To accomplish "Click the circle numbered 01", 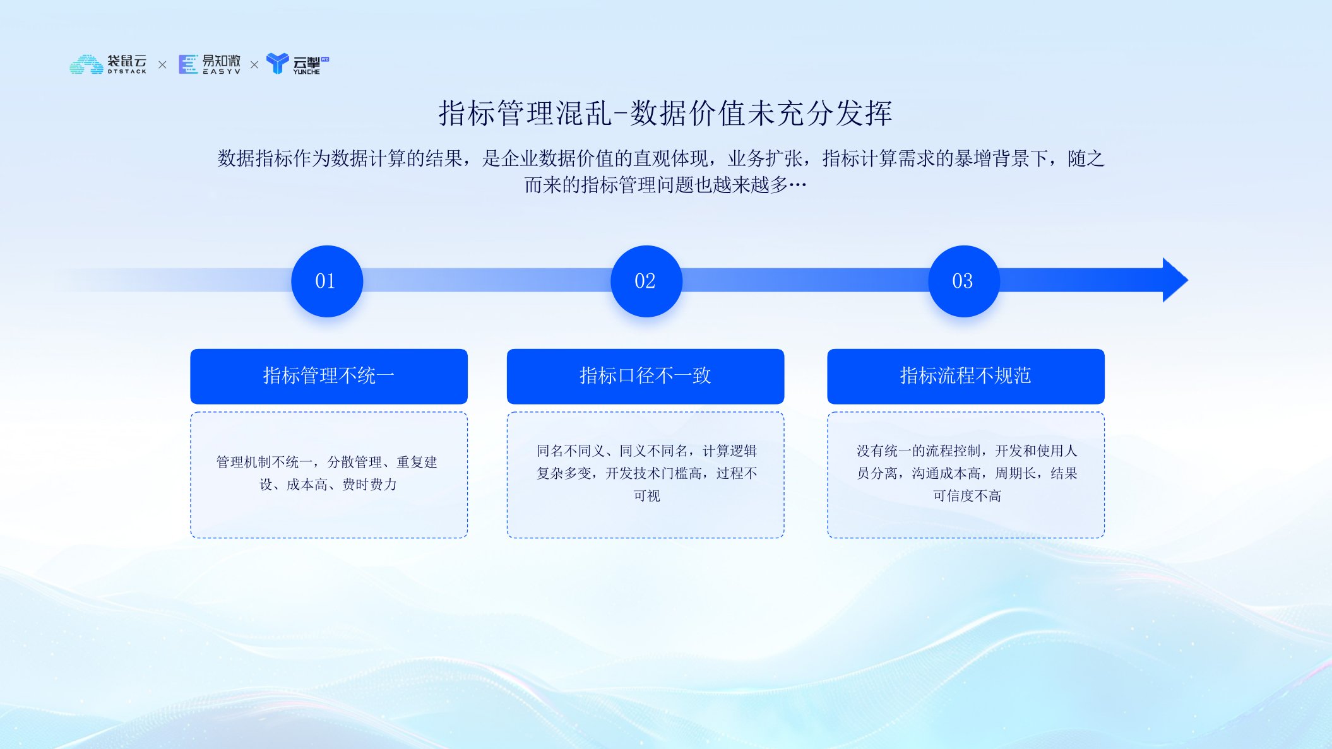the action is (326, 281).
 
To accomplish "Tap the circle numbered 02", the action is (646, 281).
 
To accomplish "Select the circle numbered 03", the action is (963, 281).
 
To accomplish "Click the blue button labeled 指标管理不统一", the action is (329, 376).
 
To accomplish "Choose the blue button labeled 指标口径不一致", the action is (645, 376).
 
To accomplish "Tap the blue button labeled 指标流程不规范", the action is (966, 376).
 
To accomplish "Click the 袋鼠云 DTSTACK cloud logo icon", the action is (86, 64).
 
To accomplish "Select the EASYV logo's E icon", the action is (188, 64).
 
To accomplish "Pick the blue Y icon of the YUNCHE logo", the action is (277, 63).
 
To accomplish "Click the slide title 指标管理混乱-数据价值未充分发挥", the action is (665, 114).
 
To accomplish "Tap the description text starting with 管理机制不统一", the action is (327, 473).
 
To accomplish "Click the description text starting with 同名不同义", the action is (646, 473).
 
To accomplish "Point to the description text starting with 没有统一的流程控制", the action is (966, 473).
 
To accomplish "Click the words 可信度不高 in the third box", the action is (967, 496).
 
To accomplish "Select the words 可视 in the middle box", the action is (647, 496).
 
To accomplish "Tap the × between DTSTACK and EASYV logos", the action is (162, 65).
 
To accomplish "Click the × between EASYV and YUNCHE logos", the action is (254, 65).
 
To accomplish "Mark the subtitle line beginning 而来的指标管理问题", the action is (665, 185).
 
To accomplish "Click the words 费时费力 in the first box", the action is (370, 485).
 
